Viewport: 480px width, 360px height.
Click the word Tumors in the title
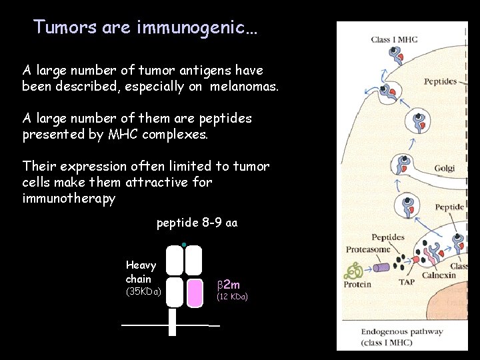click(x=65, y=27)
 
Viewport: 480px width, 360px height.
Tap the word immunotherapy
click(x=69, y=199)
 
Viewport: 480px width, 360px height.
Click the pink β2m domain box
click(x=194, y=293)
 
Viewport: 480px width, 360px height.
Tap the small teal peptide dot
click(x=183, y=243)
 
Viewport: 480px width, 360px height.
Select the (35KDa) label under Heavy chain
click(x=143, y=291)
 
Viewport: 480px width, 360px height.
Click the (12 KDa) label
click(x=233, y=297)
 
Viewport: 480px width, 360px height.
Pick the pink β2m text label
click(x=229, y=285)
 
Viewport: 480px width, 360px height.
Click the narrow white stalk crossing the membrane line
click(x=173, y=323)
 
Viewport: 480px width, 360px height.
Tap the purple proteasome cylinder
click(x=382, y=268)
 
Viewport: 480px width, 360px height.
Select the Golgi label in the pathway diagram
click(x=444, y=169)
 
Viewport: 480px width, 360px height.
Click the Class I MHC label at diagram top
click(x=394, y=40)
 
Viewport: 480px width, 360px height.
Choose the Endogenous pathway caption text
click(x=401, y=331)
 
